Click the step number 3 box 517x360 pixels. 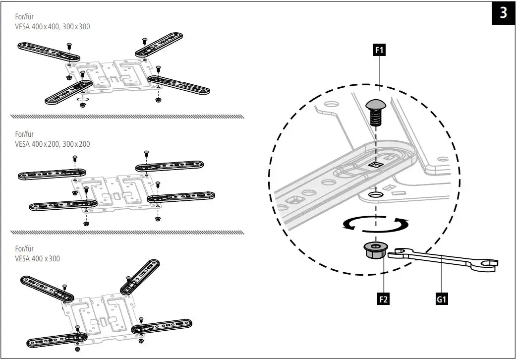pos(503,12)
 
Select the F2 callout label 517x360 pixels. pos(382,299)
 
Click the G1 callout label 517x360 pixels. pos(442,299)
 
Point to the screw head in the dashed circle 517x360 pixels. pos(376,105)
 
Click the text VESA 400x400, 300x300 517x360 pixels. pos(53,26)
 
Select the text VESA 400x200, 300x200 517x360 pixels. pos(53,144)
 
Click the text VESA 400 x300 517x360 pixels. pos(38,259)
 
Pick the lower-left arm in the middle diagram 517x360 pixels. pos(55,205)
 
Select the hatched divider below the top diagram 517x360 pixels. pos(126,117)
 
